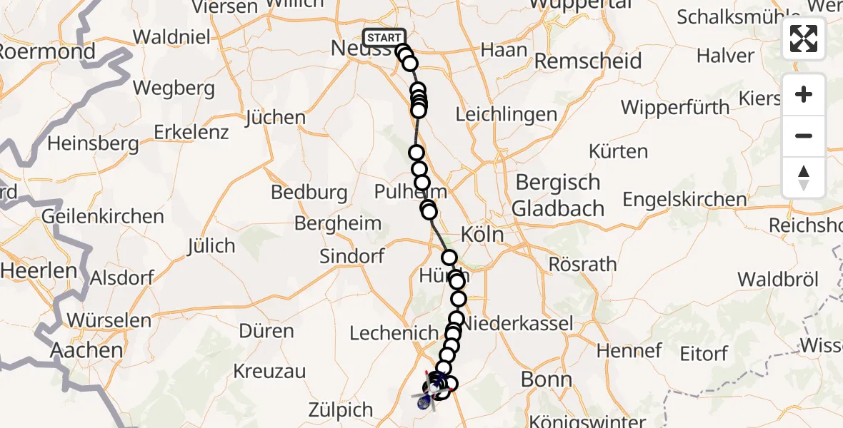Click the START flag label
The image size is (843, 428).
click(384, 38)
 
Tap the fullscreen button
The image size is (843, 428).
click(804, 39)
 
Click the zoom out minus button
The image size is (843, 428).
click(804, 136)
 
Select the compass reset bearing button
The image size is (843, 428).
click(804, 178)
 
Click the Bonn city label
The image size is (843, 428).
click(547, 379)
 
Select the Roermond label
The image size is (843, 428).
click(46, 51)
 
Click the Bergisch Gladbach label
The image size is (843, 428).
click(558, 195)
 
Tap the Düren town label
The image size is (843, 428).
click(266, 331)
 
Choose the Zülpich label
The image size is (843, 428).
click(341, 409)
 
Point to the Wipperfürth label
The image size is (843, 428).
click(675, 108)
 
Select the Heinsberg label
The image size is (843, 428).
click(93, 143)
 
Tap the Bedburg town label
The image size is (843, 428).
click(309, 192)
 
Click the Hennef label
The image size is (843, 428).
click(629, 350)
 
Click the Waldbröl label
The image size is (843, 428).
click(777, 279)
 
